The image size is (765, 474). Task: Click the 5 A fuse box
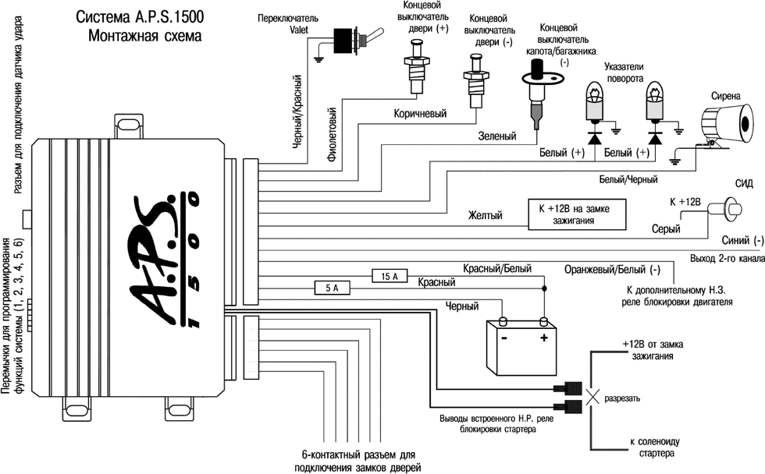(332, 288)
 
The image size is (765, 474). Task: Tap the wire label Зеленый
(496, 136)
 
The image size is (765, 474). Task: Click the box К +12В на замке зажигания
(578, 214)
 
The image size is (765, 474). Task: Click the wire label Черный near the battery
(461, 306)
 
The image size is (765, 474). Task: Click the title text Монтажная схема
(144, 35)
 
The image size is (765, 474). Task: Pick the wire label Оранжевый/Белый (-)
(612, 271)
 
